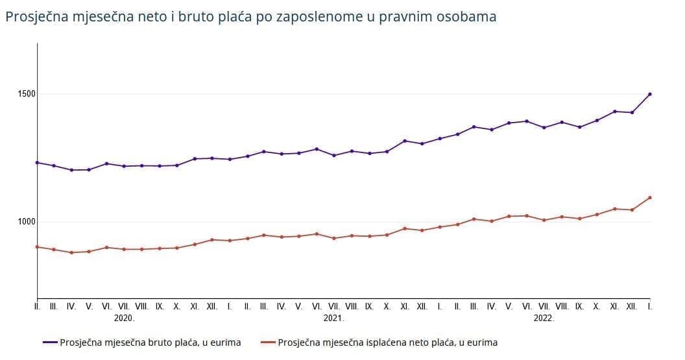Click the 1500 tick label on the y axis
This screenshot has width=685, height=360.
click(27, 94)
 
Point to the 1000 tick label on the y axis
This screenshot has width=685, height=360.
click(27, 222)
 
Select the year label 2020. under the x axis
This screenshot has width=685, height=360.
click(124, 318)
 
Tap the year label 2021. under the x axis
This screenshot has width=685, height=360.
click(333, 318)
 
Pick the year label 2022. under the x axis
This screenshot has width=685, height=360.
click(544, 318)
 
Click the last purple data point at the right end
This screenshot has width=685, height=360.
click(650, 94)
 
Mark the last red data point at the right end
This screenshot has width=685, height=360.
click(650, 198)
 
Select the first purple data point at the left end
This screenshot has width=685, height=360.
click(38, 162)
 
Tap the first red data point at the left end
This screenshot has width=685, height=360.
click(38, 246)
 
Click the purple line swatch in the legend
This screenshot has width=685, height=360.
click(50, 342)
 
